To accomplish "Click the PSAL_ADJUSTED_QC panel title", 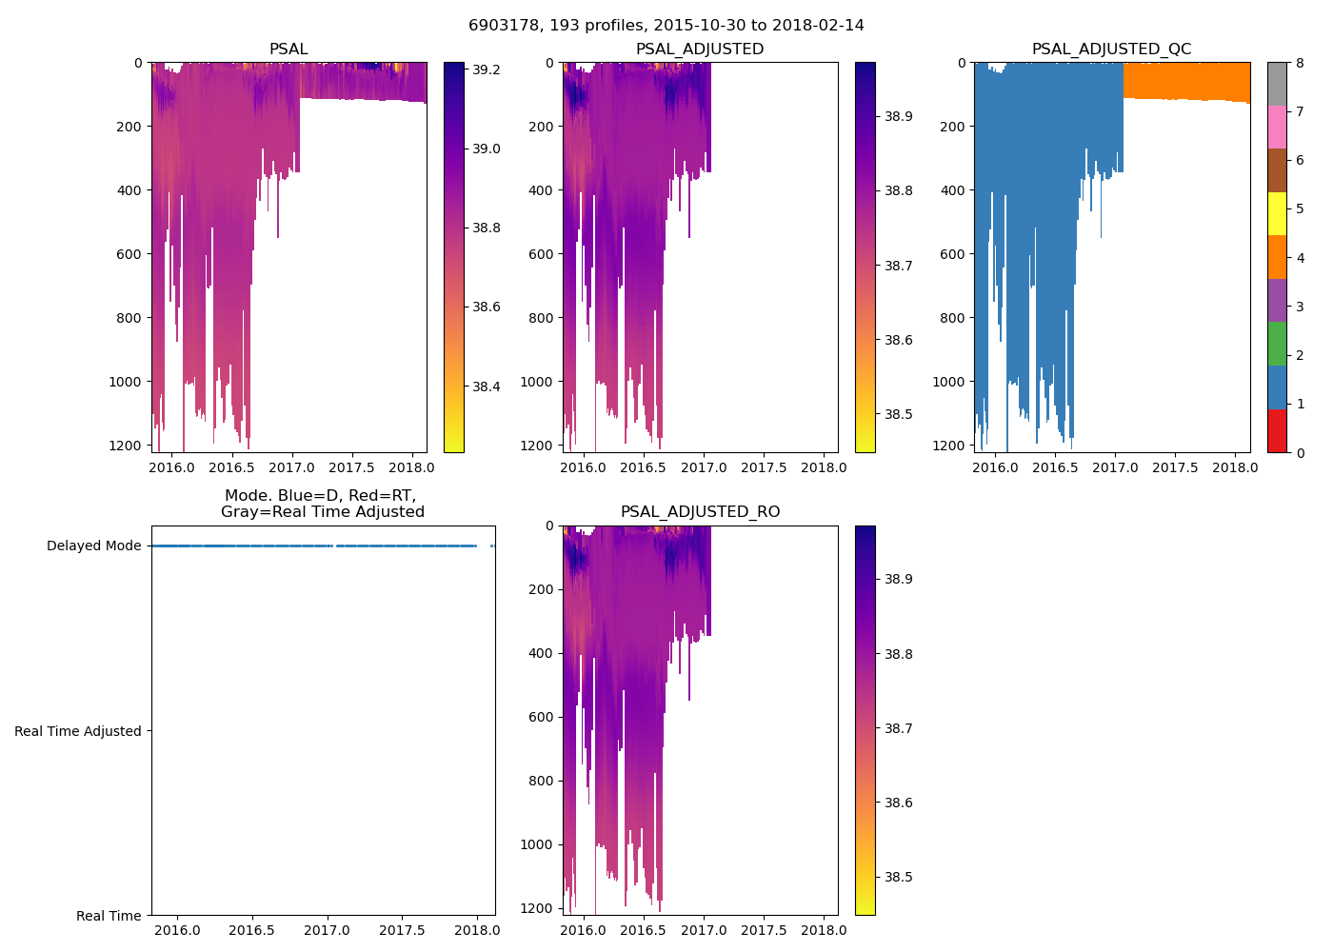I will pyautogui.click(x=1111, y=50).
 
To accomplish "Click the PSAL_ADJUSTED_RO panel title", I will pyautogui.click(x=700, y=512).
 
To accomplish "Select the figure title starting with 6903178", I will pyautogui.click(x=666, y=26).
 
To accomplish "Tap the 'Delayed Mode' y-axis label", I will pyautogui.click(x=93, y=546).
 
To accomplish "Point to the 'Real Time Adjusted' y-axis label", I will pyautogui.click(x=78, y=731).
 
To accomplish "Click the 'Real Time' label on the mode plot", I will pyautogui.click(x=109, y=916).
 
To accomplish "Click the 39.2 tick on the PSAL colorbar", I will pyautogui.click(x=487, y=69).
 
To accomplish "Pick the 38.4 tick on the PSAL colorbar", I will pyautogui.click(x=487, y=387).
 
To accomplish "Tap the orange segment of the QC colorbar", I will pyautogui.click(x=1277, y=257).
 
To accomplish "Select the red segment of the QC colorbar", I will pyautogui.click(x=1277, y=430).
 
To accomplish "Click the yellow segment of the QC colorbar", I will pyautogui.click(x=1277, y=213).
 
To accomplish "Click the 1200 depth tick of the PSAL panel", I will pyautogui.click(x=130, y=446).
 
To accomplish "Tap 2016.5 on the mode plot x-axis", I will pyautogui.click(x=251, y=930).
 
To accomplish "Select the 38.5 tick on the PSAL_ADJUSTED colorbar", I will pyautogui.click(x=898, y=414).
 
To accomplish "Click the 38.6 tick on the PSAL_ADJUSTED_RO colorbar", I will pyautogui.click(x=898, y=803).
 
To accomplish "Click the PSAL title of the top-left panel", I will pyautogui.click(x=288, y=50).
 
